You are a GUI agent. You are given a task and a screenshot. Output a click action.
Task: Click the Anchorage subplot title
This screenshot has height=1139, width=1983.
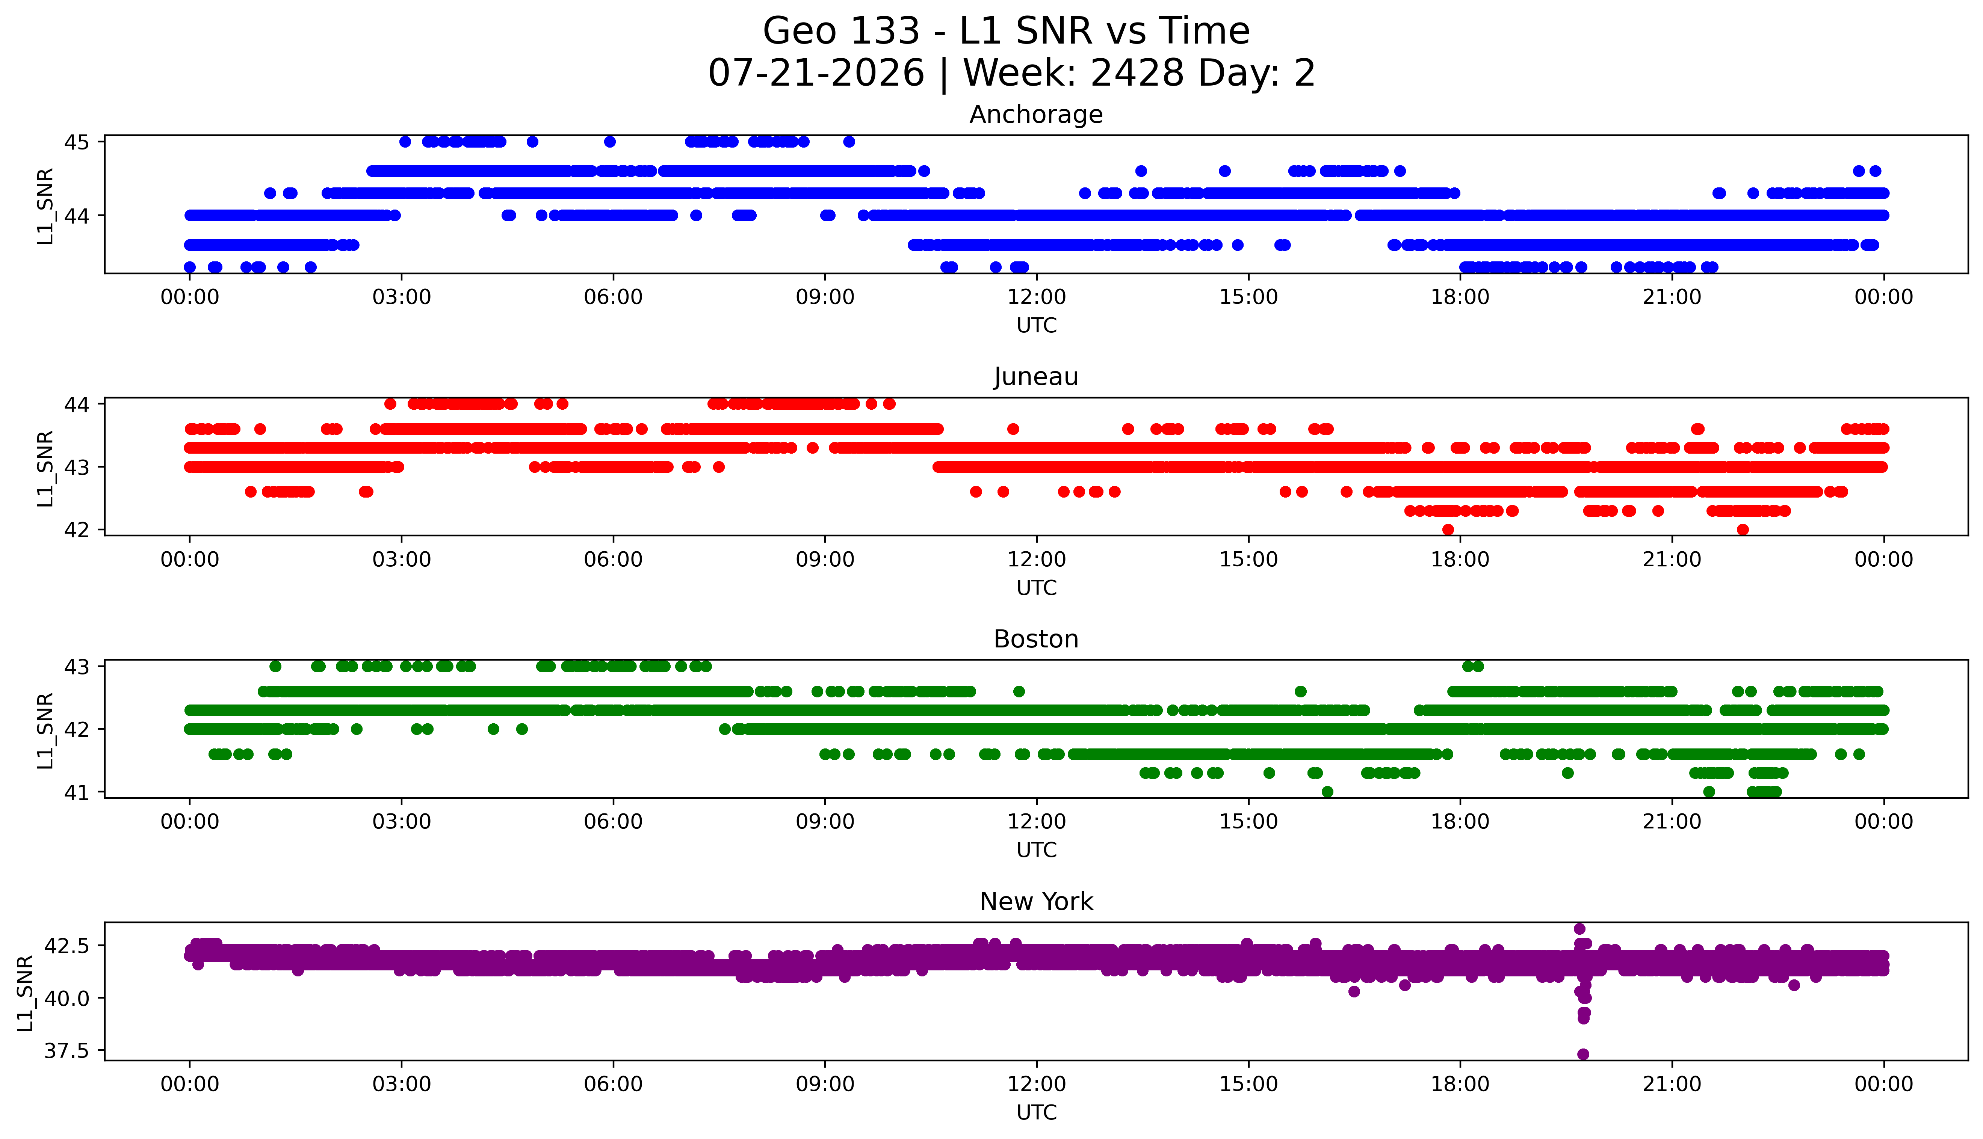(1036, 115)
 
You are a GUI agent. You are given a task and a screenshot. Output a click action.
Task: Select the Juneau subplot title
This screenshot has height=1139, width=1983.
(1036, 377)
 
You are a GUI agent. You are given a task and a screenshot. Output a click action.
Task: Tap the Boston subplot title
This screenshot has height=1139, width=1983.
(1036, 639)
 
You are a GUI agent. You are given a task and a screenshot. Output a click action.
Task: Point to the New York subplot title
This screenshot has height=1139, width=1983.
(1036, 902)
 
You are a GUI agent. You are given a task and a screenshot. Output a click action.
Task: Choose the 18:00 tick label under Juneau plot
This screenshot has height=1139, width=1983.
(1460, 559)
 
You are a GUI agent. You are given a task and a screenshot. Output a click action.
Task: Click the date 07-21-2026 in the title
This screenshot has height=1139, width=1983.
(816, 74)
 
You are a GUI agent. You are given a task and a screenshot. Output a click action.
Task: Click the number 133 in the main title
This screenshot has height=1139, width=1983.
(884, 31)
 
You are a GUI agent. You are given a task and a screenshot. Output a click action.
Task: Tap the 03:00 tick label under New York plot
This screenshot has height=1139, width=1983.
(402, 1084)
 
